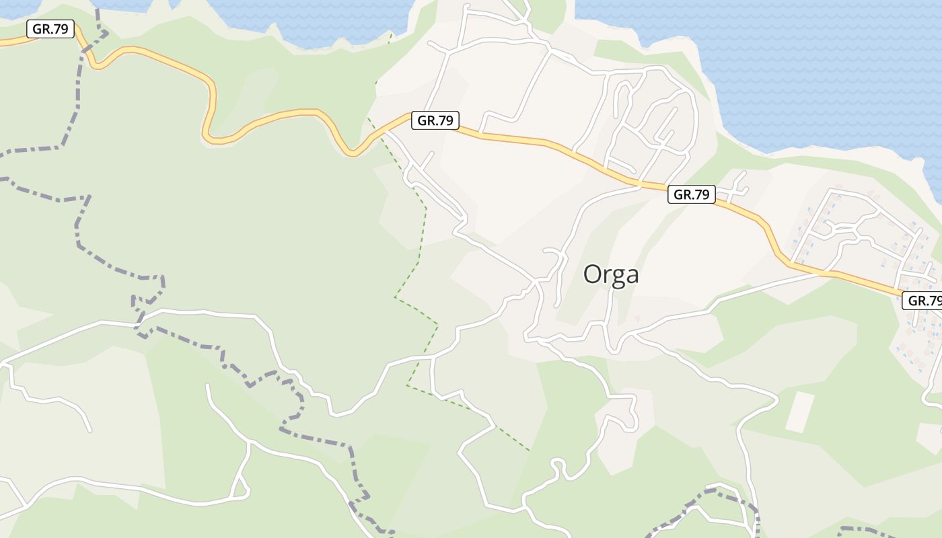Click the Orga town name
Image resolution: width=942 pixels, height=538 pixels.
610,274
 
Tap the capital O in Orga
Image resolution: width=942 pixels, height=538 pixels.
592,274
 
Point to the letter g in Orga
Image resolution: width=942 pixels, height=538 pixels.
616,277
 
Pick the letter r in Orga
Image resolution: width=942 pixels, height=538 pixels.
606,276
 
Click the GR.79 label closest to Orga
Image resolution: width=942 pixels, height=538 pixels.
692,195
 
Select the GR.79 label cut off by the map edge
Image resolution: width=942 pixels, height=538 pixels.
922,301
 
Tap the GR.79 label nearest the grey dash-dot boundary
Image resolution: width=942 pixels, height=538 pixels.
50,29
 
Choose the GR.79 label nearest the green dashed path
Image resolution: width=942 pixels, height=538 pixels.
435,120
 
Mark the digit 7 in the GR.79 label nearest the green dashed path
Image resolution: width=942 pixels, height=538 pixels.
441,120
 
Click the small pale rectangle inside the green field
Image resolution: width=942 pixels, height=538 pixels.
800,412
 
